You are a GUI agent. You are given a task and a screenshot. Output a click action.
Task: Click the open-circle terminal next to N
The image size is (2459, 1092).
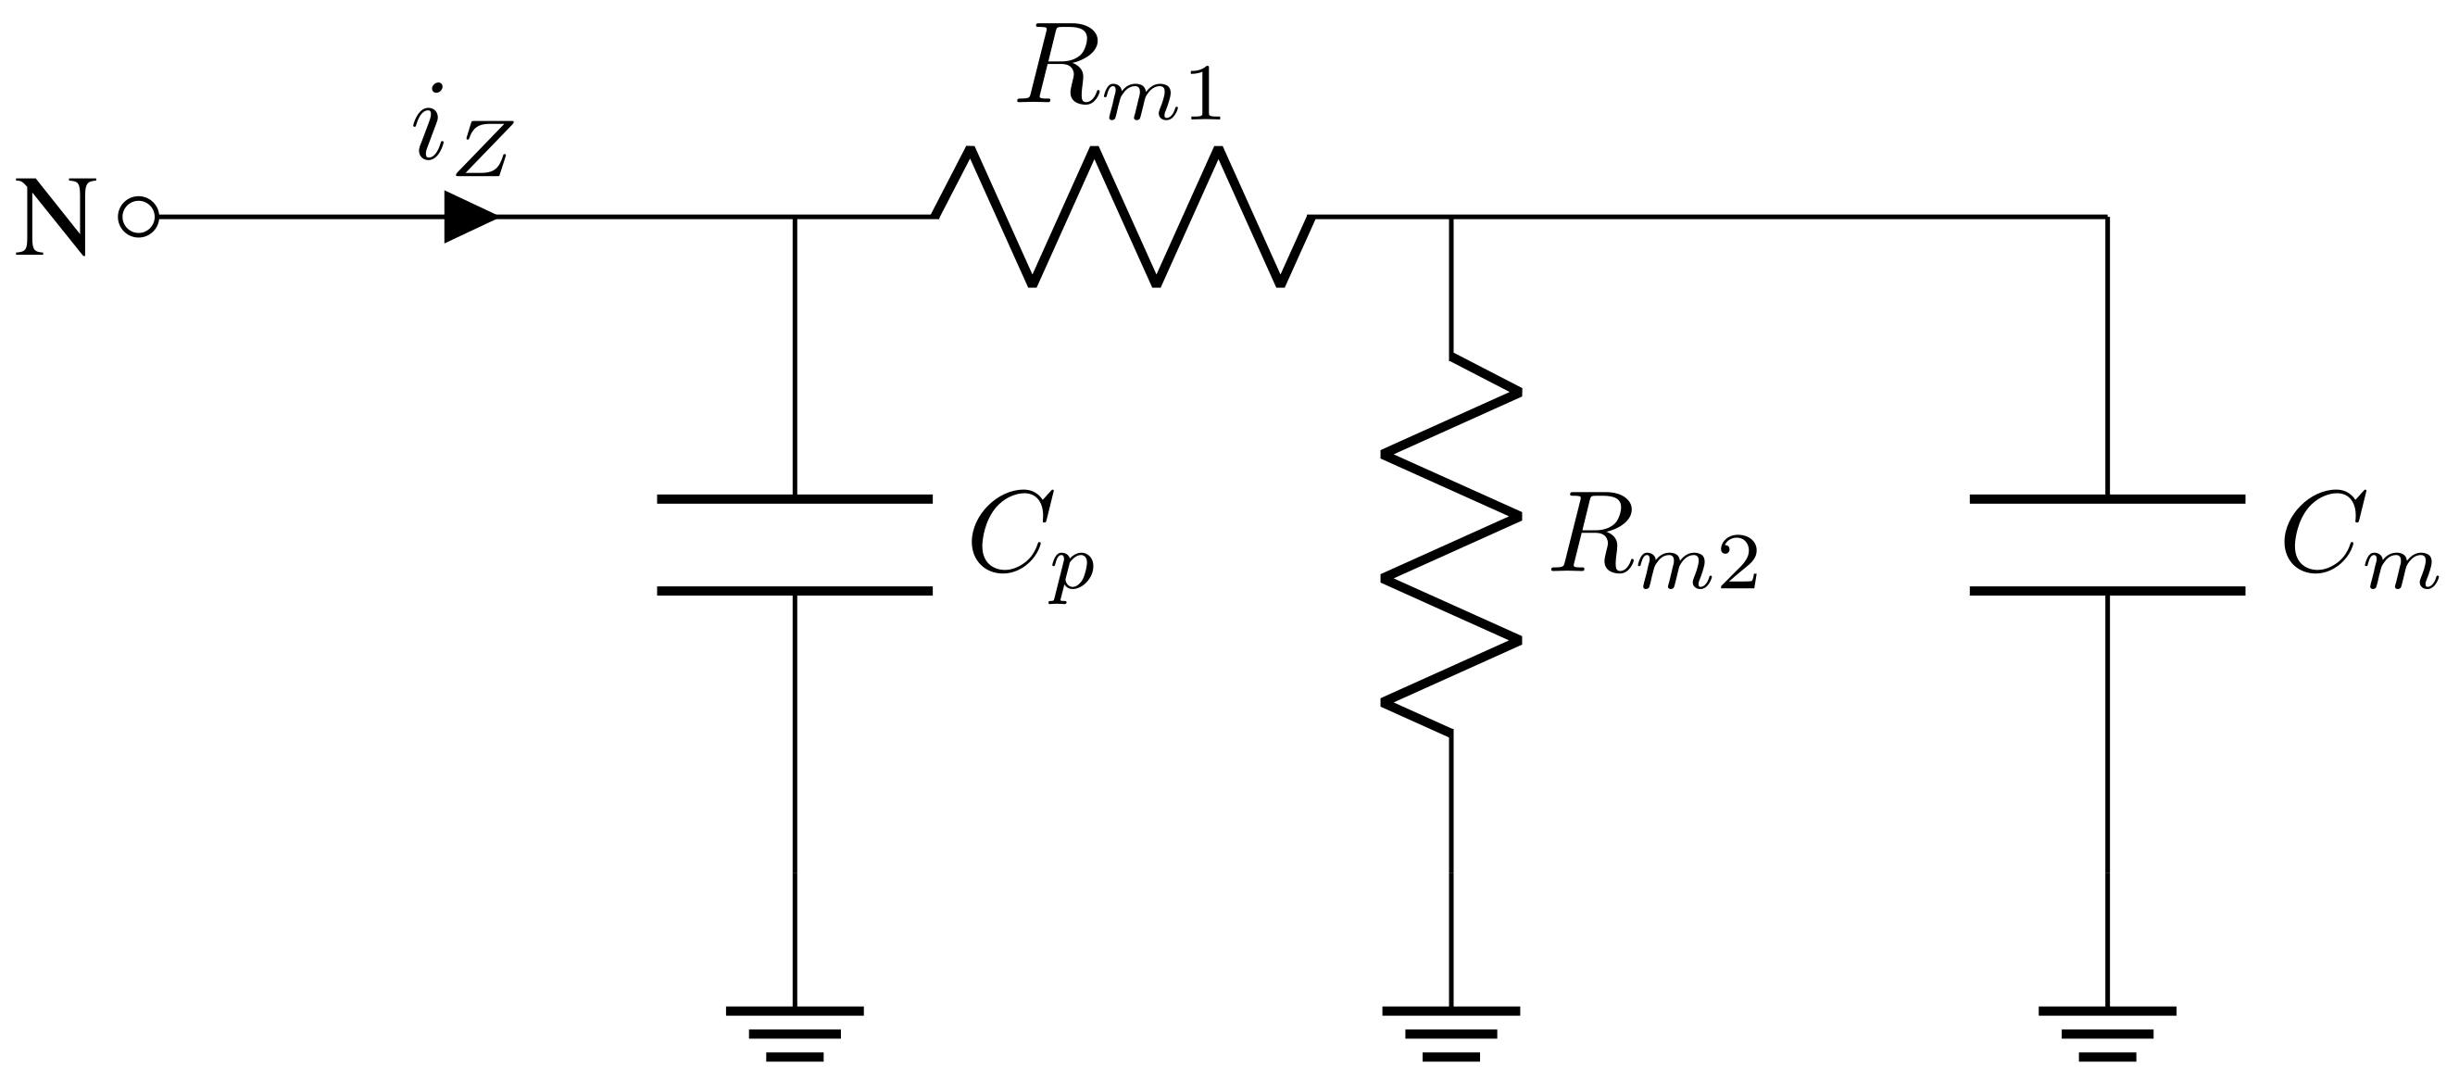click(138, 217)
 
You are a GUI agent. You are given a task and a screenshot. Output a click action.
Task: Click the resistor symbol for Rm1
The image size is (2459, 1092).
click(1124, 217)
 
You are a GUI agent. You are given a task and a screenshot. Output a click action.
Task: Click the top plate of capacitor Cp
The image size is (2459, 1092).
click(795, 499)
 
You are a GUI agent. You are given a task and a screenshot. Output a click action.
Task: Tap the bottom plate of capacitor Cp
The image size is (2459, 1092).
click(795, 592)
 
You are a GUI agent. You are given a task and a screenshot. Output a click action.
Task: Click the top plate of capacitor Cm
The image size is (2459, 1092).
click(2107, 499)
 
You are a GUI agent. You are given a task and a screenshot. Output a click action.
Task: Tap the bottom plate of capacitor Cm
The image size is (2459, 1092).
click(2107, 592)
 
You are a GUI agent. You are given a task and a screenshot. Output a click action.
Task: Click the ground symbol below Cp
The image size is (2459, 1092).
click(795, 1033)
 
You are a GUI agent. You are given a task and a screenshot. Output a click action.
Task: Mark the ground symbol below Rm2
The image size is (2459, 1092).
click(1451, 1033)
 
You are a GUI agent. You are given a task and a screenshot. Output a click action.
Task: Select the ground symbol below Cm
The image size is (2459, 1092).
click(2107, 1033)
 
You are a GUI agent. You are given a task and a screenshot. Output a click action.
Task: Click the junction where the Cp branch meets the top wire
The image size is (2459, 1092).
click(795, 218)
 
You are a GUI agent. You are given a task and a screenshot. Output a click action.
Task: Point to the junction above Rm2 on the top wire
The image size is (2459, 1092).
click(1451, 218)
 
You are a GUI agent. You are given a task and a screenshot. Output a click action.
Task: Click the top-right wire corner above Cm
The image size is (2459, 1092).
click(2107, 218)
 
